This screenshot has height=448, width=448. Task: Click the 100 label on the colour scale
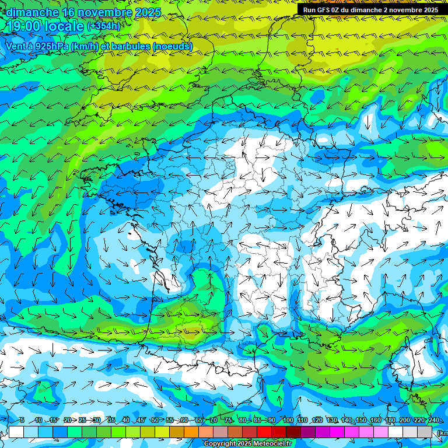pos(288,421)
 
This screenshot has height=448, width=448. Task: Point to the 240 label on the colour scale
pos(433,421)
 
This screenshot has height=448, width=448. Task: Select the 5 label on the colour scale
pos(22,421)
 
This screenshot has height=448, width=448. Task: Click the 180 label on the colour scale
pos(390,421)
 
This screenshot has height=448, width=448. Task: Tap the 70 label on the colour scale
pos(213,421)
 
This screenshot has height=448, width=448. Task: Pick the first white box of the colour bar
pos(16,432)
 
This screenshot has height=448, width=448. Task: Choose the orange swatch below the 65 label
pos(191,432)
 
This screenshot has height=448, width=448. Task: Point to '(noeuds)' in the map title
pos(171,46)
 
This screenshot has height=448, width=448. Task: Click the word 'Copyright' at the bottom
pos(219,444)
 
